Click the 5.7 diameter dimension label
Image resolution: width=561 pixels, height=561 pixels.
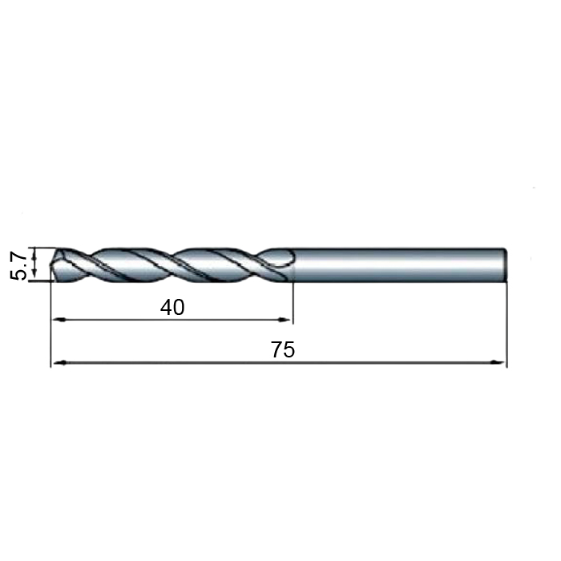click(x=18, y=265)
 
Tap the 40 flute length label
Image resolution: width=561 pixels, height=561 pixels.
click(x=172, y=307)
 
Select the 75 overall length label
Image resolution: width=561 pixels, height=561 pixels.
click(x=283, y=349)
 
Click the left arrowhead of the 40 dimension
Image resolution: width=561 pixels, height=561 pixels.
click(x=59, y=320)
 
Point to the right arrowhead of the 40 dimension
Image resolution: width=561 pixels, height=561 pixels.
click(x=285, y=320)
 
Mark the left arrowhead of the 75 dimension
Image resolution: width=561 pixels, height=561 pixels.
click(x=59, y=362)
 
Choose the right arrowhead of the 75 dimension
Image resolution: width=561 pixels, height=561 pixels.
click(x=498, y=362)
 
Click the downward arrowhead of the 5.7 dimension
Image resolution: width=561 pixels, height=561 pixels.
click(x=34, y=273)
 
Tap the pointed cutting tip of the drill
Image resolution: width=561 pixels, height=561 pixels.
click(x=51, y=264)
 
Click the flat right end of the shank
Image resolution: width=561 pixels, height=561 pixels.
click(x=506, y=264)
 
